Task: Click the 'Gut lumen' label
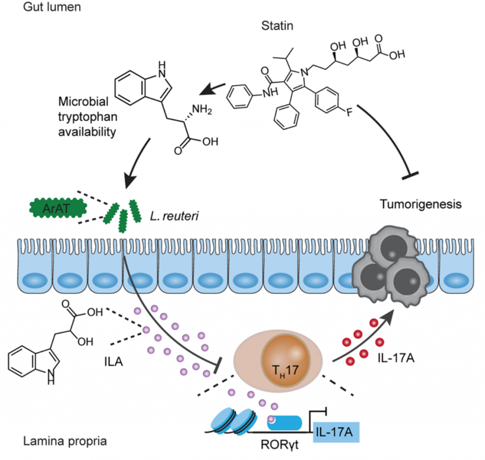point(52,7)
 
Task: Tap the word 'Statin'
point(277,26)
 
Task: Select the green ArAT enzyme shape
point(58,209)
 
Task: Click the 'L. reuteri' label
point(174,216)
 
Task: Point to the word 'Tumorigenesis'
point(421,204)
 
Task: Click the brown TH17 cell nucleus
point(286,361)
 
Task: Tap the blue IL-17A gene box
point(336,432)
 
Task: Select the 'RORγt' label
point(279,444)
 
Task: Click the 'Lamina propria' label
point(65,441)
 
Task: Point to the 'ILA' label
point(114,362)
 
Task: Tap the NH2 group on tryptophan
point(202,109)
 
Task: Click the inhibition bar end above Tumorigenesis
point(410,175)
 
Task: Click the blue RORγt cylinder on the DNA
point(284,423)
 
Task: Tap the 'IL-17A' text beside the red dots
point(396,358)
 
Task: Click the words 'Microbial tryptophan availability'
point(88,116)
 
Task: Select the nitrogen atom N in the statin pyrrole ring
point(305,72)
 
